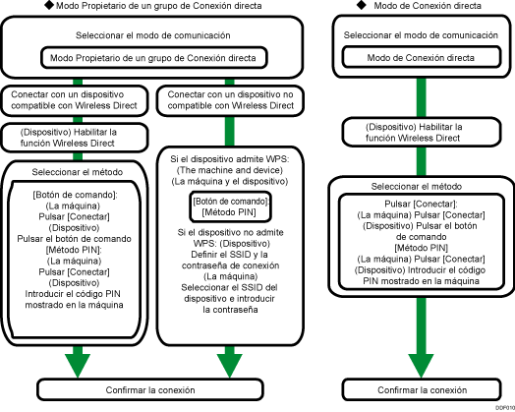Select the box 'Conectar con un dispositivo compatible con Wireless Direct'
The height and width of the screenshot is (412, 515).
click(75, 99)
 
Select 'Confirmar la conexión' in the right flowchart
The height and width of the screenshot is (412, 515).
click(422, 389)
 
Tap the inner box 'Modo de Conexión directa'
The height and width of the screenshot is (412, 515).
click(422, 57)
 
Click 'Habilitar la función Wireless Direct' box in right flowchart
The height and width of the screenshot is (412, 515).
click(422, 134)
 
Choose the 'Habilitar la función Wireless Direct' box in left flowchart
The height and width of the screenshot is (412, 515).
click(75, 136)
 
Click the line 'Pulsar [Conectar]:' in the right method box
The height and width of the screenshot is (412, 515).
click(422, 203)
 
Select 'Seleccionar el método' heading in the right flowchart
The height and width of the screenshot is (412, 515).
click(422, 187)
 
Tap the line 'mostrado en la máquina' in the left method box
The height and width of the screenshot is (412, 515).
click(75, 304)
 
